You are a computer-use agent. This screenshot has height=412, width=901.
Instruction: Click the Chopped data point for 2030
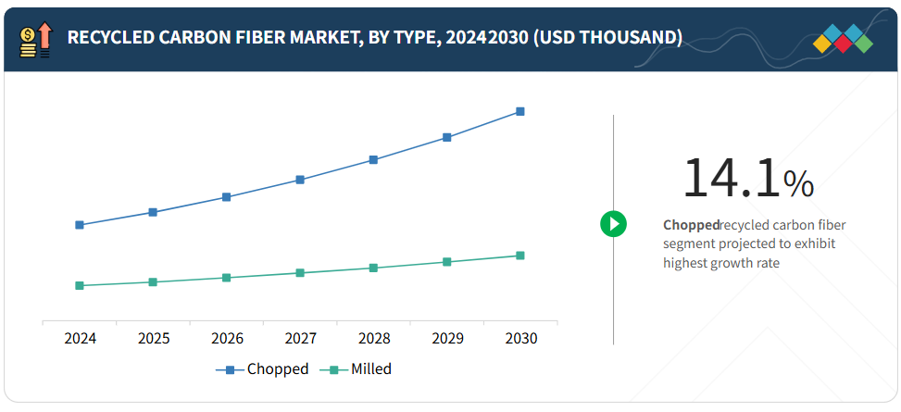click(520, 111)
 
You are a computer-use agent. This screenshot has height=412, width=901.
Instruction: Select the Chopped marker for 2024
click(80, 225)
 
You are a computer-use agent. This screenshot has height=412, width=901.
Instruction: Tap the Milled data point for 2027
click(300, 273)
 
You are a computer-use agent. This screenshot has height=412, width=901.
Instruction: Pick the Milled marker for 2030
click(520, 256)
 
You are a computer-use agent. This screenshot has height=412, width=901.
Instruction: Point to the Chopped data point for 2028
click(373, 159)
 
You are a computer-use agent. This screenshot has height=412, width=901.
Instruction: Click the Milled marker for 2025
click(153, 281)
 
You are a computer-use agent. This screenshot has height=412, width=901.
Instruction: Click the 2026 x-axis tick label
click(227, 339)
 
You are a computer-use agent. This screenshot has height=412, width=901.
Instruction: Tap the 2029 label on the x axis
click(447, 339)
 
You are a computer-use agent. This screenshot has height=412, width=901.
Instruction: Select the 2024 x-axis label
click(80, 339)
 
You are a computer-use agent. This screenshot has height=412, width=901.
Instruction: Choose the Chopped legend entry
click(264, 369)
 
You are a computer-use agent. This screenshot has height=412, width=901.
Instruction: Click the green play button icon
click(613, 223)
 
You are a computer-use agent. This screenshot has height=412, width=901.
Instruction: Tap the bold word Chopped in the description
click(691, 225)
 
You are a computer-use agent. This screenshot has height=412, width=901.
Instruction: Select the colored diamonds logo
click(843, 38)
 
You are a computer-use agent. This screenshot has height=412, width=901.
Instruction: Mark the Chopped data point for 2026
click(227, 197)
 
